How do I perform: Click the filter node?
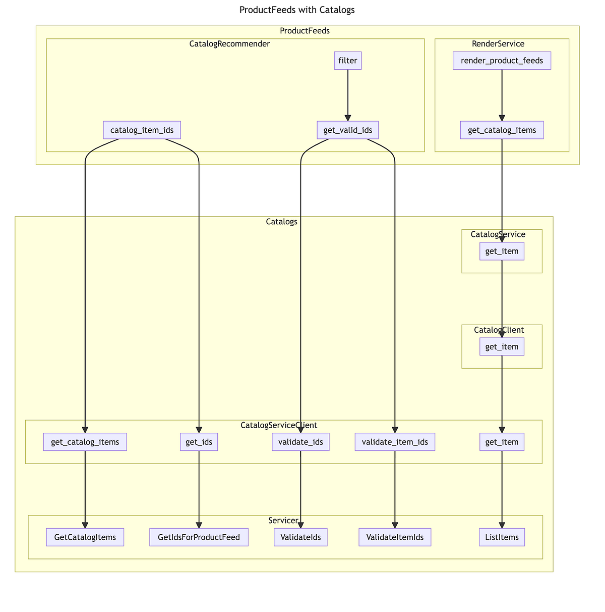click(x=348, y=61)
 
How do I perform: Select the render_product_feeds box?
click(x=502, y=61)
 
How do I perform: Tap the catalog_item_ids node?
click(x=142, y=130)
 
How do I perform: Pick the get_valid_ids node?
click(x=348, y=130)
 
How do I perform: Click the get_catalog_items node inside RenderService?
click(x=502, y=130)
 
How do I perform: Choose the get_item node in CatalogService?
click(x=502, y=251)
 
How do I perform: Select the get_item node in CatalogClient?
click(x=502, y=347)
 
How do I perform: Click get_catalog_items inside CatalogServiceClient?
click(x=85, y=442)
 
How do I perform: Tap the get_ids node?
click(x=199, y=442)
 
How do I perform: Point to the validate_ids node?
click(x=300, y=442)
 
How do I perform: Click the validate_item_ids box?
click(x=395, y=442)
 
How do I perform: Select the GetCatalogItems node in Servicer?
click(x=85, y=537)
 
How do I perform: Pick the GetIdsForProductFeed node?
click(x=199, y=537)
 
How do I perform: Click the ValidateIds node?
click(x=300, y=537)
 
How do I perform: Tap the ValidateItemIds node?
click(x=395, y=537)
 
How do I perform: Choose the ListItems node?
click(x=502, y=537)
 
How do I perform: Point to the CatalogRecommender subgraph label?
click(x=229, y=43)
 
